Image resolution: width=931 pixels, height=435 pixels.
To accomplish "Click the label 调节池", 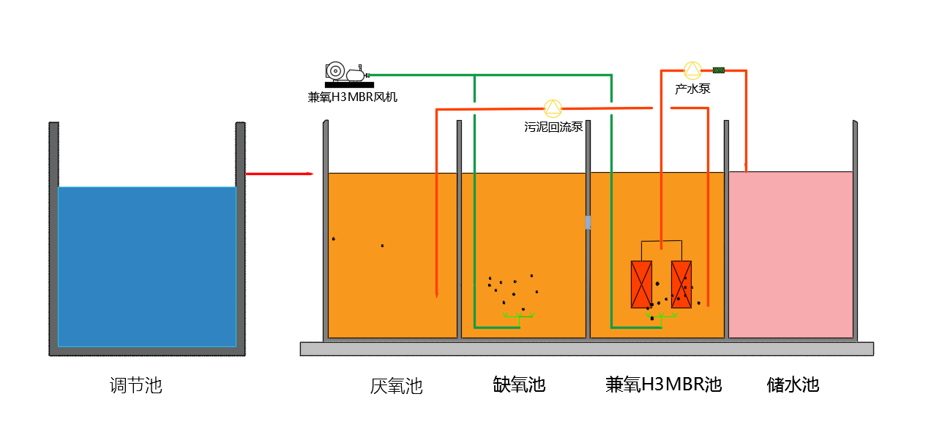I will click(135, 385).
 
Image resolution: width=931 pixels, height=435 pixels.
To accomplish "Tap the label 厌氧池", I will click(396, 386).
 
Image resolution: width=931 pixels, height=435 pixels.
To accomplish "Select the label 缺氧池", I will click(519, 384).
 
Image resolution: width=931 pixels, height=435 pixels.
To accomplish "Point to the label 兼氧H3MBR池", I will click(663, 384).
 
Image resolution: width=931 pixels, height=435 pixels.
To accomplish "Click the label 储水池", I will click(793, 384).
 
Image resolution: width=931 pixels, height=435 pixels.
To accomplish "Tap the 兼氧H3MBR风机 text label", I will click(353, 97).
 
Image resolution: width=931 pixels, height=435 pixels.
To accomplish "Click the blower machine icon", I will click(345, 72).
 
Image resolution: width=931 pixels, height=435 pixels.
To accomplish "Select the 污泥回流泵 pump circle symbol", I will click(553, 108).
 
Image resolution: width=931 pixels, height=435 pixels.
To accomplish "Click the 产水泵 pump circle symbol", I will click(692, 70).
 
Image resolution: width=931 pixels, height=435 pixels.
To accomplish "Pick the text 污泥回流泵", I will click(553, 127).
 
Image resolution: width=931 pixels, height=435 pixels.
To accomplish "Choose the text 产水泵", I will click(692, 89).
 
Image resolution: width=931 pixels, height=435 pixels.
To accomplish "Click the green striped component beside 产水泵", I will click(719, 70).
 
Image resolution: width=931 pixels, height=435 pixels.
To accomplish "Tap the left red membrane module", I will click(641, 284).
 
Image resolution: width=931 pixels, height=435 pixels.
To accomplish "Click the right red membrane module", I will click(681, 284).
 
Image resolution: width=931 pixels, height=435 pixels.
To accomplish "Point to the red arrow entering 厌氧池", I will click(279, 174).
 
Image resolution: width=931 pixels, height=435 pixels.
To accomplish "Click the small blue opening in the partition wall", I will click(588, 223).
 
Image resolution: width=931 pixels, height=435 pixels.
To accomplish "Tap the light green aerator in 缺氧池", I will click(519, 316).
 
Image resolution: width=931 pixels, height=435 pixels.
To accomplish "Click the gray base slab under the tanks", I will click(586, 349).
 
